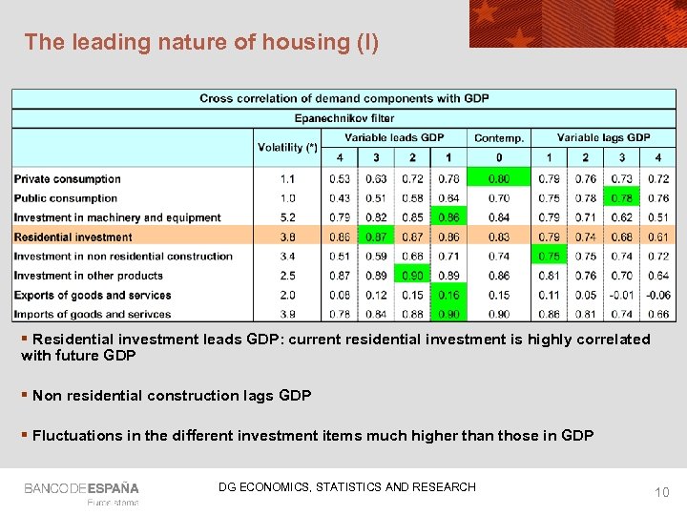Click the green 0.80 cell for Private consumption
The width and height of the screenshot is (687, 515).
coord(498,178)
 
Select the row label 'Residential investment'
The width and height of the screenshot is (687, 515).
coord(73,237)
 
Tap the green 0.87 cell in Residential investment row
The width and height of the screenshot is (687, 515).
coord(376,237)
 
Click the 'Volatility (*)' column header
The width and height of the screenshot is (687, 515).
coord(287,147)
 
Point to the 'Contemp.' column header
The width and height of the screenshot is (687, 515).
coord(498,138)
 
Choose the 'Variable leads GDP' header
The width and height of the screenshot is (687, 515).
coord(394,137)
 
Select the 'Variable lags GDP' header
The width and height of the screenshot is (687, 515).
coord(603,137)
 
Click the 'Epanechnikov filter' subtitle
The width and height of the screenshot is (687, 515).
coord(343,118)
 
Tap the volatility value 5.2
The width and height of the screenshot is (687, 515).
coord(287,217)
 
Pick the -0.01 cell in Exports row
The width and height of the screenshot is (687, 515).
coord(621,295)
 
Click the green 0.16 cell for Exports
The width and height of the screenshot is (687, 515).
coord(448,295)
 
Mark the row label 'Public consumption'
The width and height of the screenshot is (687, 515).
coord(66,198)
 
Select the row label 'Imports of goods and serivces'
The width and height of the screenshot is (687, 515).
coord(93,314)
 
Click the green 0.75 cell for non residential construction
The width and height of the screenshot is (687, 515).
coord(549,256)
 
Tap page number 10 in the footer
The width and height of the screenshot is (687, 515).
coord(661,491)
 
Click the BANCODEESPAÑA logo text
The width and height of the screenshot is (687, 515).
coord(81,488)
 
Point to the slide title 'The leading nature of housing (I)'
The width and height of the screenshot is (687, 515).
coord(201,42)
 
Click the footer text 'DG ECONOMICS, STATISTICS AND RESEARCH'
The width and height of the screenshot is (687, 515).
coord(346,487)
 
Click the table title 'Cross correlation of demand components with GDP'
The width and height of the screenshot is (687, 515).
coord(343,98)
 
